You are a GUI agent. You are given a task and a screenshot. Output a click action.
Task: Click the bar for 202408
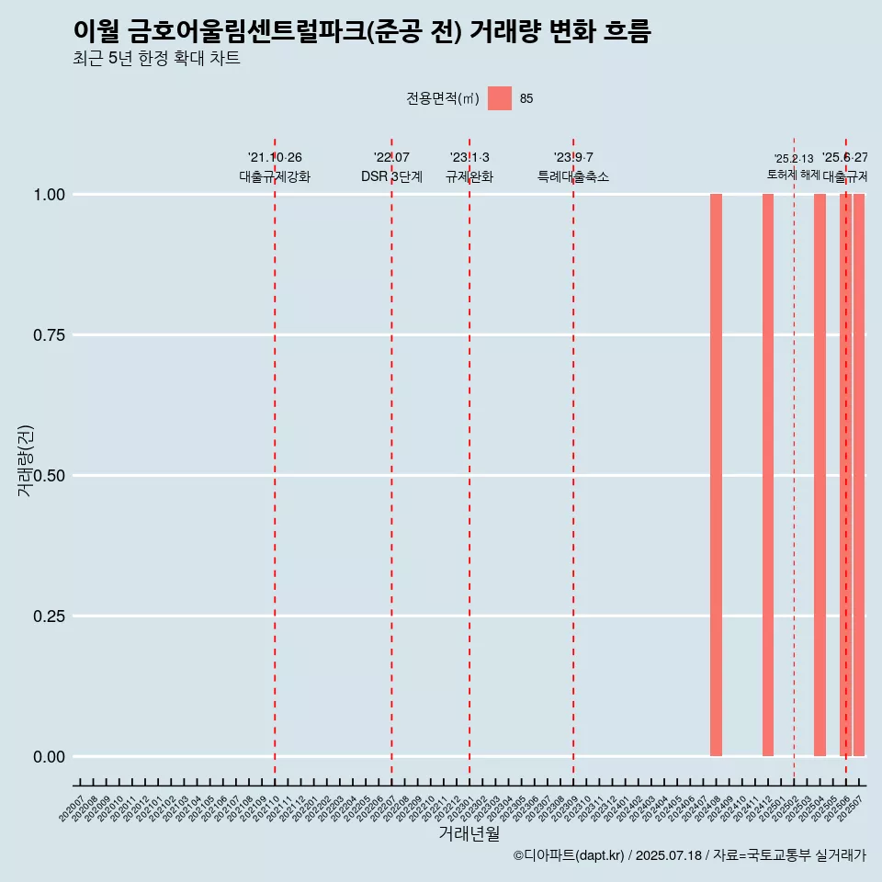click(x=716, y=475)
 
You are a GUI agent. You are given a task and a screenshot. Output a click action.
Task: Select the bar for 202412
click(x=768, y=475)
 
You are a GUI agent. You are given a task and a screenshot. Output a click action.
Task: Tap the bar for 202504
click(x=820, y=475)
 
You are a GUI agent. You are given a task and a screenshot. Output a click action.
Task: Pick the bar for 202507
click(x=859, y=475)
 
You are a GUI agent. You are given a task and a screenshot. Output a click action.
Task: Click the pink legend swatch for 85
click(x=500, y=98)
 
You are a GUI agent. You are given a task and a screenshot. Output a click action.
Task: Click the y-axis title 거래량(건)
click(x=25, y=460)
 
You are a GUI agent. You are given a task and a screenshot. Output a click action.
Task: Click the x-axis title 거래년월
click(x=469, y=833)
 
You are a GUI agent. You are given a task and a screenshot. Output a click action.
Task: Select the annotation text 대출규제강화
click(x=275, y=176)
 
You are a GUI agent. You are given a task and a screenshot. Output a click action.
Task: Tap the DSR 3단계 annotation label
click(x=391, y=176)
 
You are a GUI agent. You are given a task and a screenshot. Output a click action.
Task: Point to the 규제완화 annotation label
click(x=469, y=176)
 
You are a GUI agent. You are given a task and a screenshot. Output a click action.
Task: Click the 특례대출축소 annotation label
click(x=573, y=176)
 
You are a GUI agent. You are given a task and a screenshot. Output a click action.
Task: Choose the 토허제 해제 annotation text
click(x=794, y=175)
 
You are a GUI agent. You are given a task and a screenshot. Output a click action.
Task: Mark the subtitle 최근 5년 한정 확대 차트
click(x=156, y=59)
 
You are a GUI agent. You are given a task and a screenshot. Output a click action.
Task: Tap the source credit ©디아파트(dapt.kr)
click(x=569, y=855)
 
